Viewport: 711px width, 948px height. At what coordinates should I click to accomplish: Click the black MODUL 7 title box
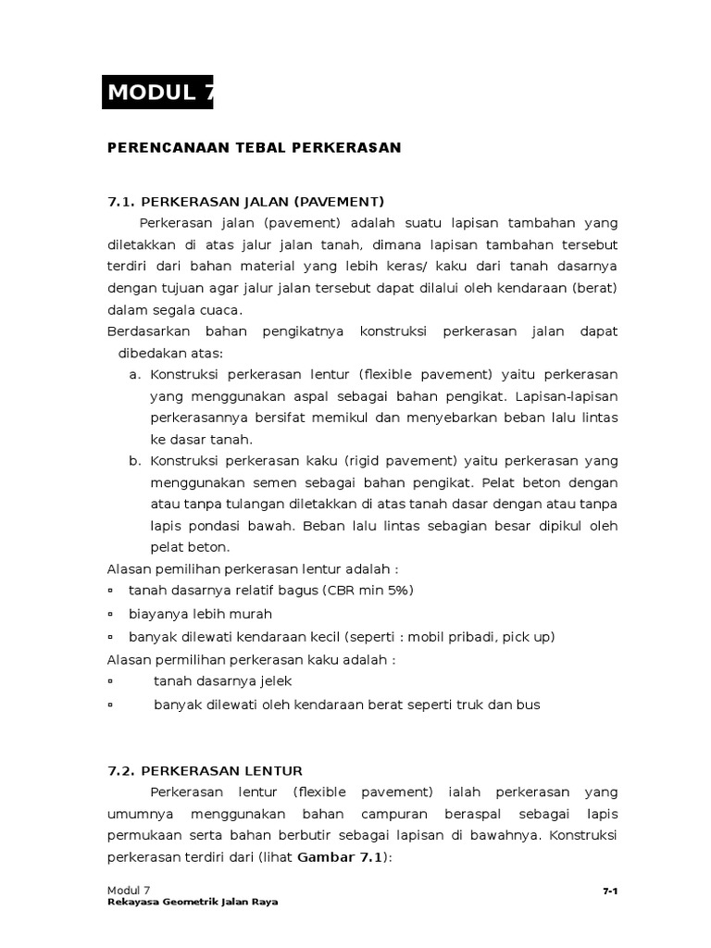[x=157, y=92]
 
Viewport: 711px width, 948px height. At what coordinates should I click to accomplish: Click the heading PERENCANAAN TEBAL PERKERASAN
[x=255, y=147]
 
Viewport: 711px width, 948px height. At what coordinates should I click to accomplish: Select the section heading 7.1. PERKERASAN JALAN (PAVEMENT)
[x=245, y=202]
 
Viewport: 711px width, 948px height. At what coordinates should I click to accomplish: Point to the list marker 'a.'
[x=134, y=374]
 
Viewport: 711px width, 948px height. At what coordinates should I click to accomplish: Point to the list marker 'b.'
[x=134, y=461]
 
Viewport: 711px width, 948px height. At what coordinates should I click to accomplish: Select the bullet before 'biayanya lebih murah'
[x=110, y=614]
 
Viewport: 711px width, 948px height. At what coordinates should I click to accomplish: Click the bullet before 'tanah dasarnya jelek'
[x=110, y=681]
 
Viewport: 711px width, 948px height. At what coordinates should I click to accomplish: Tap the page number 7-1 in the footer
[x=610, y=891]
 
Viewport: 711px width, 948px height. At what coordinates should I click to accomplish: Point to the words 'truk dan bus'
[x=501, y=705]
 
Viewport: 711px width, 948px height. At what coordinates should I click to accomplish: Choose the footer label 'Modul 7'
[x=129, y=890]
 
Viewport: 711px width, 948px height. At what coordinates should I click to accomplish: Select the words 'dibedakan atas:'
[x=170, y=353]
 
